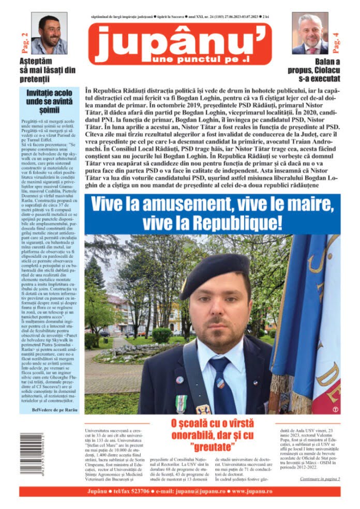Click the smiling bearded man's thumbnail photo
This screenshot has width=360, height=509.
click(49, 33)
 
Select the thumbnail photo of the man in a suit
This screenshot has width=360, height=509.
click(310, 33)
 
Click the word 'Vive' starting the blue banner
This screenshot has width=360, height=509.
click(108, 204)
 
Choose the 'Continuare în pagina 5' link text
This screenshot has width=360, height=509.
click(320, 479)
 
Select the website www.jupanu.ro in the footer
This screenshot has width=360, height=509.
click(252, 491)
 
